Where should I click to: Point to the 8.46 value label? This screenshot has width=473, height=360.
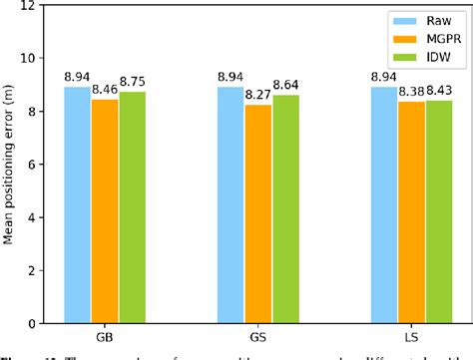coord(104,89)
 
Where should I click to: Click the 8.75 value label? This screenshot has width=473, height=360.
coord(132,81)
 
